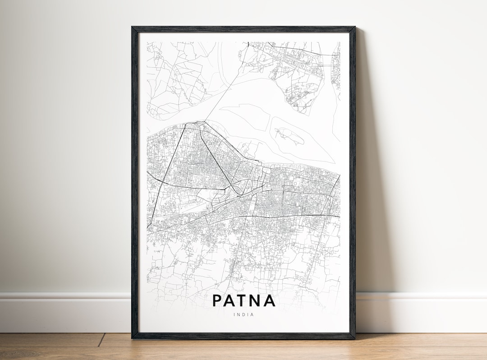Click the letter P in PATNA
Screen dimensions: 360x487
pyautogui.click(x=217, y=300)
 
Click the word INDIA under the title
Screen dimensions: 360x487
pyautogui.click(x=243, y=314)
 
